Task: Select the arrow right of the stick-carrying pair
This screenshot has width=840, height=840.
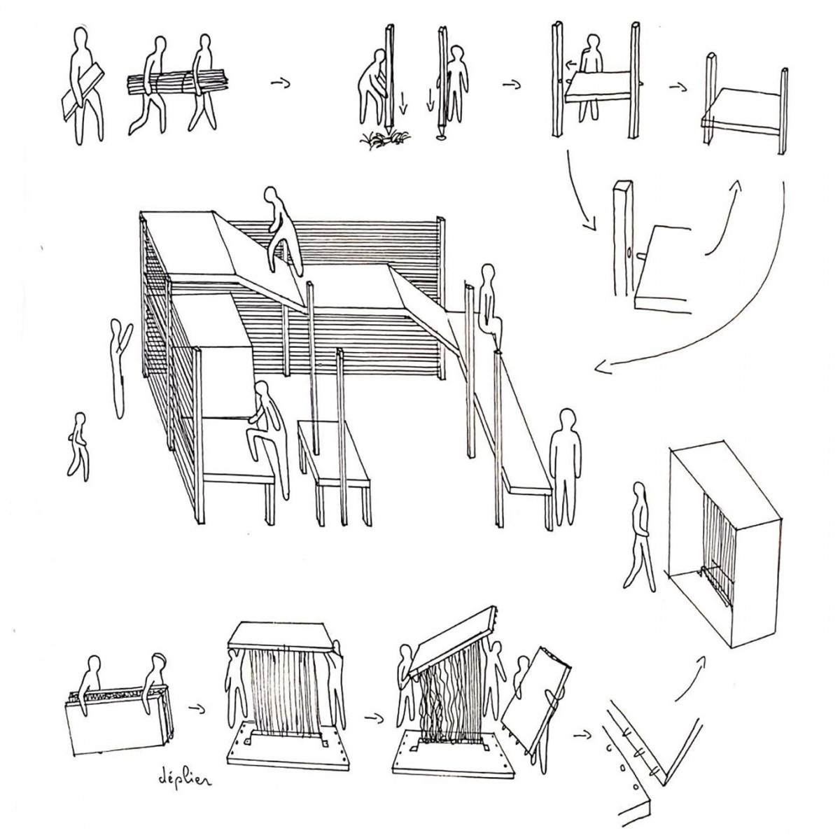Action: tap(280, 83)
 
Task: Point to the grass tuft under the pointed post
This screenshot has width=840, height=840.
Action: tap(385, 139)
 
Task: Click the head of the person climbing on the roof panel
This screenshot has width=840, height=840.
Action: tap(272, 196)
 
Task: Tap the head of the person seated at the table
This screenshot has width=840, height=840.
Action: tap(260, 390)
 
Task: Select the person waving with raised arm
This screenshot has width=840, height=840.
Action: tap(120, 368)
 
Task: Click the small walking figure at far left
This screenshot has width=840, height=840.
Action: tap(79, 447)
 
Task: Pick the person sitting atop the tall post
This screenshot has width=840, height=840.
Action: tap(489, 301)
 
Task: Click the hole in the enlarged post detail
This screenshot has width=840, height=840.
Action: tap(629, 253)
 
